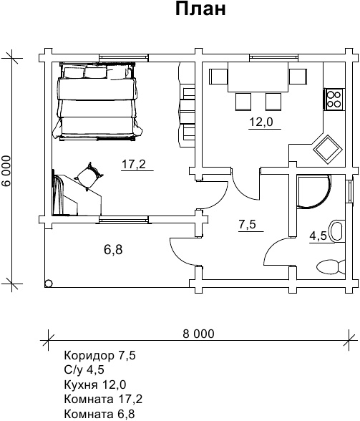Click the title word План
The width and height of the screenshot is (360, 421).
(x=200, y=9)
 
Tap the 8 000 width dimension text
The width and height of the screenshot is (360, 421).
(x=198, y=334)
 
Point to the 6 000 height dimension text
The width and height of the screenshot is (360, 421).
(x=6, y=170)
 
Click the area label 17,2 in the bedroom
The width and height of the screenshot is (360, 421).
(x=134, y=164)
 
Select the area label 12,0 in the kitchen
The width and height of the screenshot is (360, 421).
(x=261, y=122)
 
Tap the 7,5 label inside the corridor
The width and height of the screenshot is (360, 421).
(x=247, y=224)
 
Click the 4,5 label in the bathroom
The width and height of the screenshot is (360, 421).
(x=318, y=236)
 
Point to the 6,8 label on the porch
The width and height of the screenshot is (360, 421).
(x=113, y=250)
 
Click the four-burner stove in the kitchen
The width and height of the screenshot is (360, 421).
(x=334, y=100)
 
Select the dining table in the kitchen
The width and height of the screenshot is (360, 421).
(x=258, y=77)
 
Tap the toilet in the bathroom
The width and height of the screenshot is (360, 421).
(x=331, y=267)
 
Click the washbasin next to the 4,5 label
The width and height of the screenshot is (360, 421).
(x=337, y=231)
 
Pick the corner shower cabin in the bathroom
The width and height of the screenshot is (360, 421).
(x=313, y=191)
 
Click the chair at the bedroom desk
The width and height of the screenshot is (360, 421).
(x=89, y=177)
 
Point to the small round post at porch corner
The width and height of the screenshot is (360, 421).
(x=49, y=284)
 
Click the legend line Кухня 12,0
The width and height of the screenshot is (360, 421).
(x=95, y=384)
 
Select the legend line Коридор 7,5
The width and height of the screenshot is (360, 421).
(x=100, y=356)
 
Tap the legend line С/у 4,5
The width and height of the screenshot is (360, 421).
(x=84, y=370)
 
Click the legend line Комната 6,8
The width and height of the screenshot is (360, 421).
(x=99, y=414)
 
